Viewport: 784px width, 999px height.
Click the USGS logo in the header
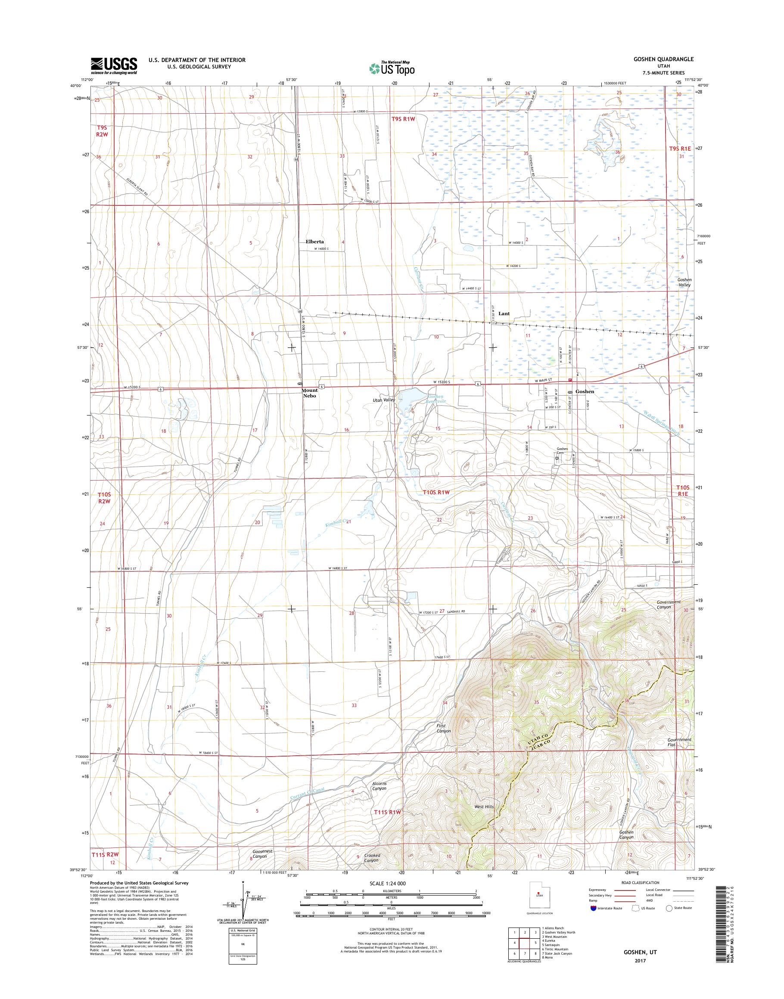(114, 65)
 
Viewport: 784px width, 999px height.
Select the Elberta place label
(314, 242)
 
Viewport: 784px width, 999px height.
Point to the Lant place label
(504, 314)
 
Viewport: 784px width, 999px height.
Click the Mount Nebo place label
(309, 393)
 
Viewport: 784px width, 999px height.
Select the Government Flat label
(679, 755)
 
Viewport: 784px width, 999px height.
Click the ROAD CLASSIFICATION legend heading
(640, 895)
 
